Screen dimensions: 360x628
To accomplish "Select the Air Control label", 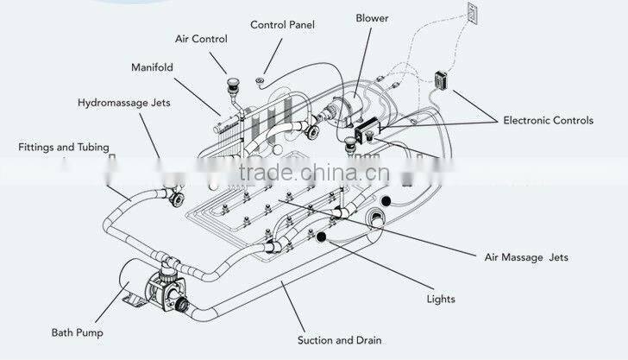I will (x=201, y=39).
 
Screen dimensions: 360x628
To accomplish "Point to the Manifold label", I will (x=153, y=66).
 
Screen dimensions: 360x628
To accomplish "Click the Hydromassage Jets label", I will (x=124, y=103).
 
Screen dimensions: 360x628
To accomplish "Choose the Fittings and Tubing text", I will (x=63, y=148).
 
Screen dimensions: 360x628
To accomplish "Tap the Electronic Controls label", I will (x=548, y=120).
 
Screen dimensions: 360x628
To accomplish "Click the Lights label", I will (x=441, y=300).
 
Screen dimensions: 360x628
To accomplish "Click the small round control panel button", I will (x=259, y=82).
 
